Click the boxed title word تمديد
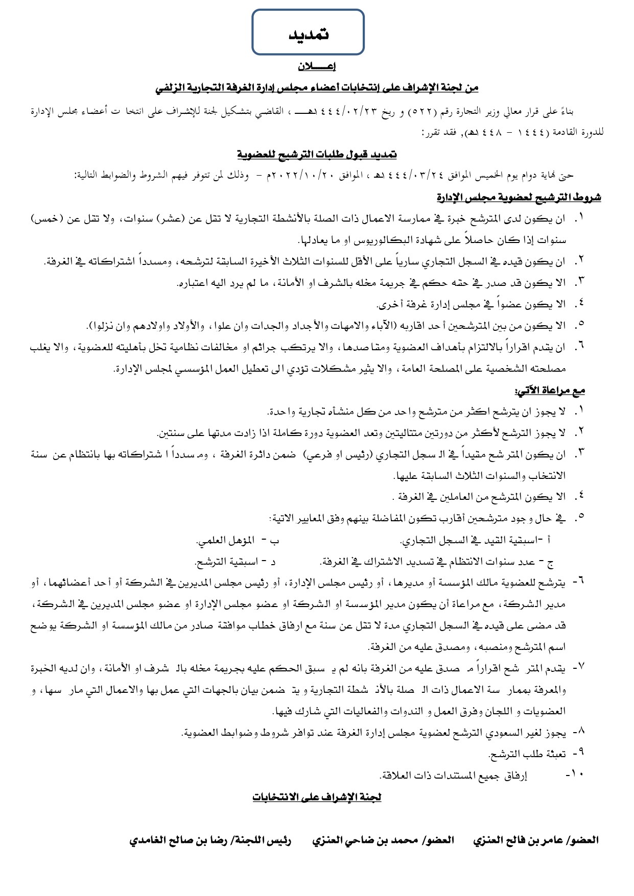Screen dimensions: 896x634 pyautogui.click(x=308, y=34)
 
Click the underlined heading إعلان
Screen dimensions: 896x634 pyautogui.click(x=316, y=66)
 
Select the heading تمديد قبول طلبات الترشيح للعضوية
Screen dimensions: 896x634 pyautogui.click(x=317, y=154)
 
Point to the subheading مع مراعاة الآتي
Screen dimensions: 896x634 pyautogui.click(x=550, y=391)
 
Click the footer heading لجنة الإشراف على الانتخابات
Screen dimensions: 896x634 pyautogui.click(x=317, y=797)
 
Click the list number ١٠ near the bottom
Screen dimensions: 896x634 pyautogui.click(x=576, y=774)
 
